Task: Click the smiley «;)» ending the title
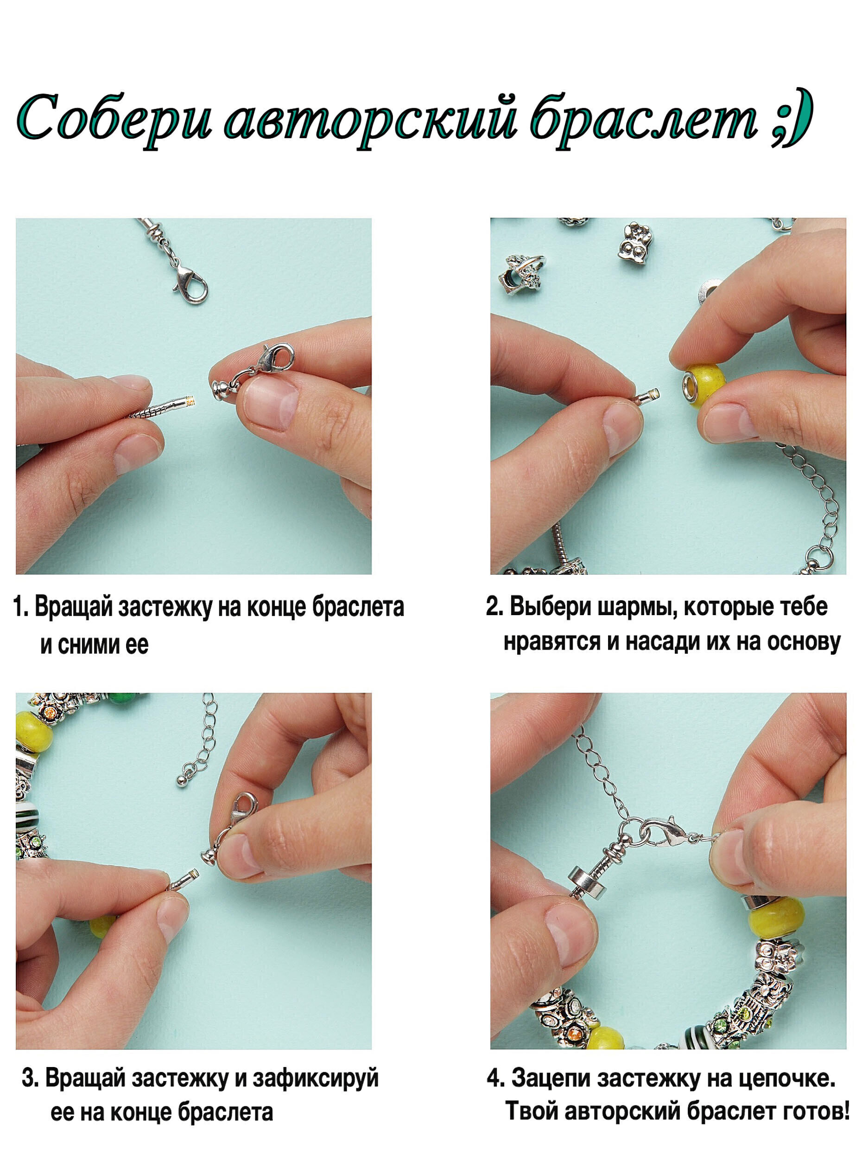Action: tap(790, 120)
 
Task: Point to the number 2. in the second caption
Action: tap(494, 607)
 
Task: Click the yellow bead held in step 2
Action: tap(704, 379)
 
